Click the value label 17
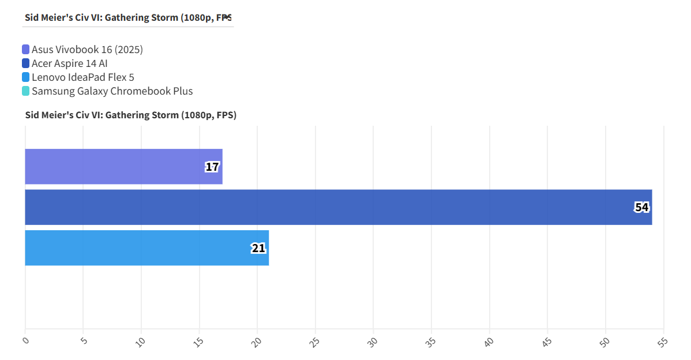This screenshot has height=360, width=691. point(212,167)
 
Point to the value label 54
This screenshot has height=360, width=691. point(641,208)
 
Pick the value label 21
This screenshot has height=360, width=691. point(258,249)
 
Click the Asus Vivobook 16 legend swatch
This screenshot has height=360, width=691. point(26,50)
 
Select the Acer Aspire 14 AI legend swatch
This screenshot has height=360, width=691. point(26,63)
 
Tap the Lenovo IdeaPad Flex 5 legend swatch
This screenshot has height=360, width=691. point(26,77)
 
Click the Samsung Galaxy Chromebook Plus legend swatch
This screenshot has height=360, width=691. point(26,91)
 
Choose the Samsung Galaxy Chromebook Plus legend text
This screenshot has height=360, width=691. point(112,91)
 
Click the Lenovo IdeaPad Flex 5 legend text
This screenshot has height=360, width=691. point(83,77)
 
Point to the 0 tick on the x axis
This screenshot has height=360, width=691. point(25,340)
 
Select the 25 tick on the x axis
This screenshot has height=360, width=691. point(315,342)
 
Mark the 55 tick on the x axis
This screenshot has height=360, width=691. point(663,342)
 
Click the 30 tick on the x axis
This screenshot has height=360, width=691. point(373,342)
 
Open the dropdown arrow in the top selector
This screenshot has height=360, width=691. point(227,17)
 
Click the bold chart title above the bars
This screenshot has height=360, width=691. point(131,115)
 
